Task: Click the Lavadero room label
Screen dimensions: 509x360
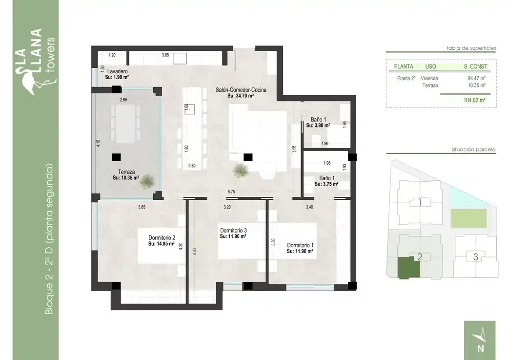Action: coord(117,71)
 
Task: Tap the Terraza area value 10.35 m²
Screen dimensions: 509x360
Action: coord(126,178)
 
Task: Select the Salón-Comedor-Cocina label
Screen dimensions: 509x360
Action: coord(241,90)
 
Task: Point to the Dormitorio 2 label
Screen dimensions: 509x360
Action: coord(162,237)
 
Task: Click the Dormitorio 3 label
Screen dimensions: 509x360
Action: coord(233,231)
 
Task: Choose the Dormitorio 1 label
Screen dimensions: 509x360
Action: coord(300,245)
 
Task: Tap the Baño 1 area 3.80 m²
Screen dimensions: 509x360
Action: coord(318,125)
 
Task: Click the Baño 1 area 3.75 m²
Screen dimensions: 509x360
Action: coord(326,184)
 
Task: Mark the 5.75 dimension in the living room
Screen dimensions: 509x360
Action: coord(231,191)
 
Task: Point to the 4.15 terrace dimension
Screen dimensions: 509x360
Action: coord(98,143)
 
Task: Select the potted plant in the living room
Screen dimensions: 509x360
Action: coord(241,170)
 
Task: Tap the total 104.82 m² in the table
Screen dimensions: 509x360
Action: coord(474,100)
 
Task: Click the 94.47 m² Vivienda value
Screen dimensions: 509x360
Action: coord(476,78)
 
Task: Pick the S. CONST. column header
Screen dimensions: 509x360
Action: coord(475,66)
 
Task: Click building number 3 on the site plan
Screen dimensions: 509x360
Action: coord(475,257)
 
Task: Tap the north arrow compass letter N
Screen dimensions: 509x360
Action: coord(480,348)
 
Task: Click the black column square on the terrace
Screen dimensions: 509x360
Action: coord(116,157)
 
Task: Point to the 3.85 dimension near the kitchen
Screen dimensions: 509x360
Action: coord(165,55)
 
